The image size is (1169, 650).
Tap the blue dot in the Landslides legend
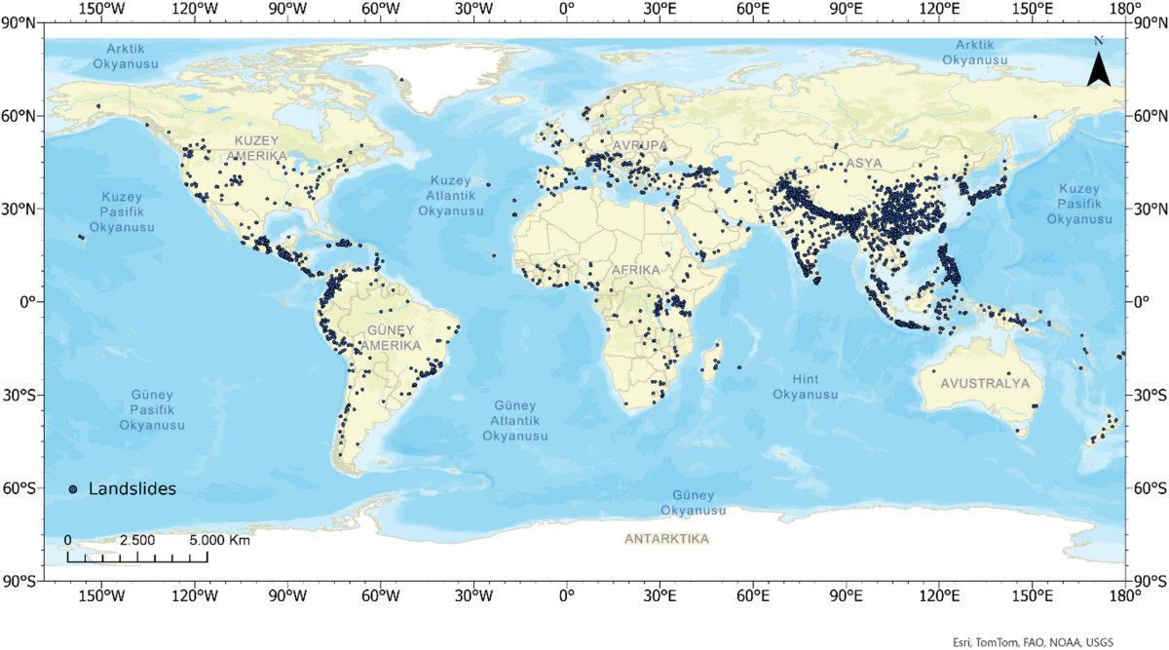73,489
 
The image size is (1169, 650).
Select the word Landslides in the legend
132,489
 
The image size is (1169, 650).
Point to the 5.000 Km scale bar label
219,540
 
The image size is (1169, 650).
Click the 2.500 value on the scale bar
136,540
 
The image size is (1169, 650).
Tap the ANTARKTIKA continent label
666,539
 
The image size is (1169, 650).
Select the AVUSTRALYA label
985,384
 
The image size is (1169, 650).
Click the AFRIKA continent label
635,269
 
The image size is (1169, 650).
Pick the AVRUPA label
641,146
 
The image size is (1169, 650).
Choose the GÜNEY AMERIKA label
391,338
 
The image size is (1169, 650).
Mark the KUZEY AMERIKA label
256,149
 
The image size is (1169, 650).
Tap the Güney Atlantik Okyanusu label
514,420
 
